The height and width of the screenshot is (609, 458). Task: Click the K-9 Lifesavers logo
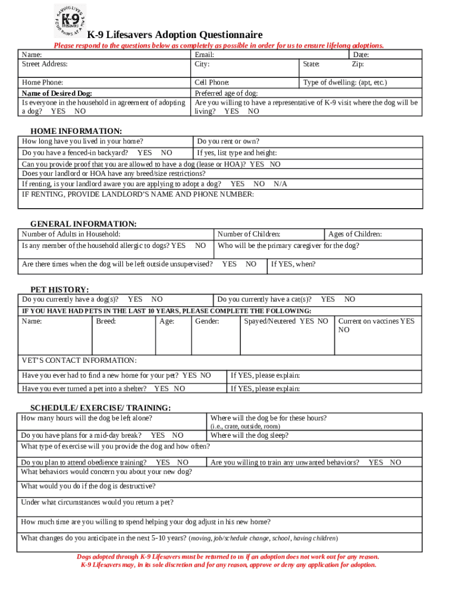(70, 21)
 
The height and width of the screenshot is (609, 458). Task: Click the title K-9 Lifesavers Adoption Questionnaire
(175, 35)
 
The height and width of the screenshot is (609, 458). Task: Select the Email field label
(205, 55)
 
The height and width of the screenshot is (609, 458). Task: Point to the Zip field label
(357, 64)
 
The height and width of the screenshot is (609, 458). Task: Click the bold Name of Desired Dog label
(57, 93)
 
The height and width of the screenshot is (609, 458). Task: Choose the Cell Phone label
(212, 83)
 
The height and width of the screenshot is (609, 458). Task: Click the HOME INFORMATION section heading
(76, 131)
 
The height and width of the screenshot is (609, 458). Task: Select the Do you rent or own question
(228, 142)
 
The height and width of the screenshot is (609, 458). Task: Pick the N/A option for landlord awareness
(280, 184)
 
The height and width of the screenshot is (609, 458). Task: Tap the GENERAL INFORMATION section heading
(83, 224)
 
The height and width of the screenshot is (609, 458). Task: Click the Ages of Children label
(355, 234)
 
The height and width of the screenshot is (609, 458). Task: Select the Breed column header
(106, 322)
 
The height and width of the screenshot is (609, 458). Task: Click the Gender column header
(207, 322)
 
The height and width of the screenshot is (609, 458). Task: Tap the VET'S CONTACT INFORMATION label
(79, 360)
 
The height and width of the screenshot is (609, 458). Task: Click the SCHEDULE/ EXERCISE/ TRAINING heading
(101, 407)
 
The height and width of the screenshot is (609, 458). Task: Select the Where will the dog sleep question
(249, 435)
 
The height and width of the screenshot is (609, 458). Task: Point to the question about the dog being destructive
(89, 486)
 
